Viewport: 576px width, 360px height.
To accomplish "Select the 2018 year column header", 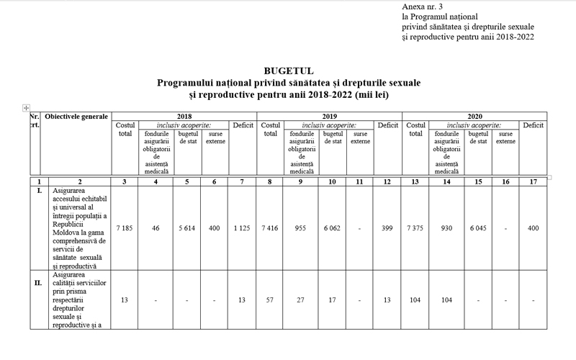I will (184, 115).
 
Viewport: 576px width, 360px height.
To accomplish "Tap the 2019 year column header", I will (329, 115).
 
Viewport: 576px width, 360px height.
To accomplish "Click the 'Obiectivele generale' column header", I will (76, 116).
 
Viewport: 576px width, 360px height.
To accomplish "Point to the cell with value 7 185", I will (125, 228).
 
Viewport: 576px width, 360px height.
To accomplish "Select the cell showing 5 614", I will (187, 228).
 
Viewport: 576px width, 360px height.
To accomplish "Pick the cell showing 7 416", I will (270, 228).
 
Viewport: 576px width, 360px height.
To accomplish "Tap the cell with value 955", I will (301, 228).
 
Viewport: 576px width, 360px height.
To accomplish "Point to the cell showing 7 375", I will (415, 228).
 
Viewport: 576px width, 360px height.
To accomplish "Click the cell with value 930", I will (446, 228).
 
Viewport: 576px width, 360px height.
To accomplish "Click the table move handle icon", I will (26, 108).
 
